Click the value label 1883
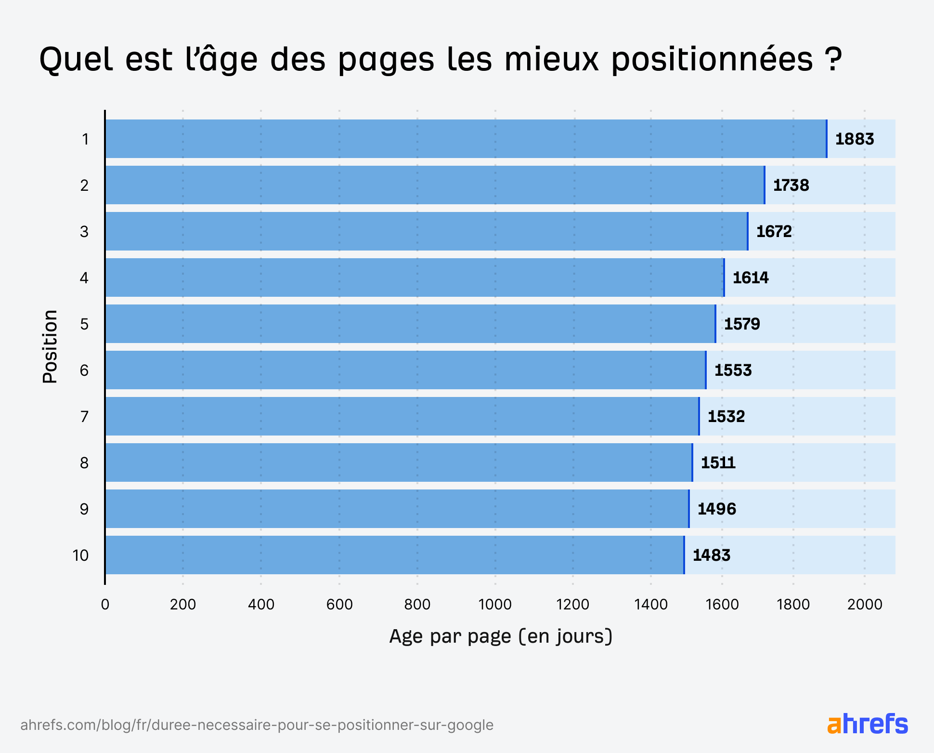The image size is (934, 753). (854, 139)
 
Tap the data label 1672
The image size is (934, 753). (774, 232)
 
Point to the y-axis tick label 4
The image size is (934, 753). (84, 278)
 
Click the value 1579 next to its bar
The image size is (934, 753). (742, 324)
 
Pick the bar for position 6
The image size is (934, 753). (404, 370)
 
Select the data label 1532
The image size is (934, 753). (726, 416)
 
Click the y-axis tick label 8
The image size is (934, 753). (84, 463)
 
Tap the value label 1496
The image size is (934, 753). (716, 509)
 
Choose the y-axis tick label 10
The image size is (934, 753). (81, 555)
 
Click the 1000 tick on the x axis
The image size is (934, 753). (495, 604)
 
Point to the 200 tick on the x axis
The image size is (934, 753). (183, 604)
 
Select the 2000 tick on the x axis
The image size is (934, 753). (865, 604)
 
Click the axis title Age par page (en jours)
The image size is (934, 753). (501, 636)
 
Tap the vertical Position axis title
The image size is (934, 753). (50, 347)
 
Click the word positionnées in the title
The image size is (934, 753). (713, 60)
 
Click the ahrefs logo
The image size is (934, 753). (868, 724)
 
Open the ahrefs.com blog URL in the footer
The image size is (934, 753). (257, 725)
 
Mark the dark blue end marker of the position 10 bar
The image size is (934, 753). (684, 555)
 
